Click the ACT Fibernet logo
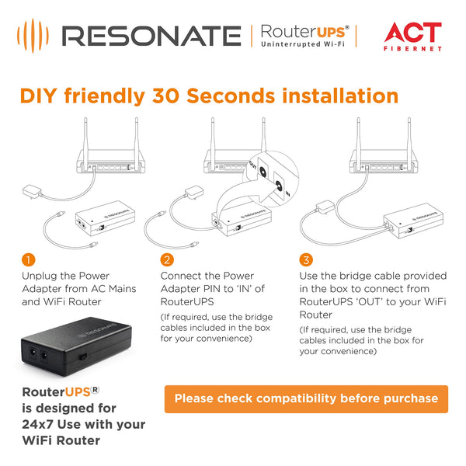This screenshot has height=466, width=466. pyautogui.click(x=413, y=36)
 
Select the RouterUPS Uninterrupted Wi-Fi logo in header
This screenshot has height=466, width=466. pyautogui.click(x=304, y=36)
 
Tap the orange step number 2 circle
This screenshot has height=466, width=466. pyautogui.click(x=167, y=259)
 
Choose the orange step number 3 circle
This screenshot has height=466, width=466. pyautogui.click(x=306, y=259)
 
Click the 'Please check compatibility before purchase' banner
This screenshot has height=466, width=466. pyautogui.click(x=306, y=398)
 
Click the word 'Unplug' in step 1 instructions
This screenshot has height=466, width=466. pyautogui.click(x=38, y=276)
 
